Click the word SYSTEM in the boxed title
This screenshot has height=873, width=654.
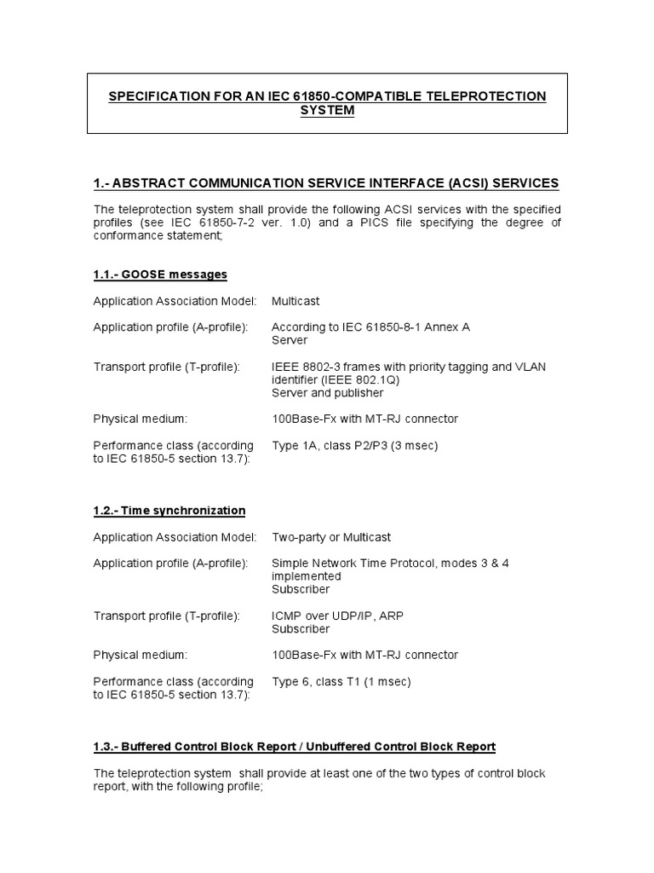pos(328,111)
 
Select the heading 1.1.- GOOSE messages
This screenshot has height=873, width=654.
pos(160,274)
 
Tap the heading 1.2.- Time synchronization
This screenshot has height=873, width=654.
pos(169,511)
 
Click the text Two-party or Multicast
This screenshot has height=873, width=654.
pos(331,537)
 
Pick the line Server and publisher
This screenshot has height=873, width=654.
pos(327,393)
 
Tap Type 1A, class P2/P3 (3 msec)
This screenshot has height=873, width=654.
pos(355,445)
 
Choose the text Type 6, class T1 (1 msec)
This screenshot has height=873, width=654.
pos(341,681)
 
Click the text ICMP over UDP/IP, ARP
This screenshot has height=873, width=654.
pos(343,616)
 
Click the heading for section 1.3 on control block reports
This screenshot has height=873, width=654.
pos(294,747)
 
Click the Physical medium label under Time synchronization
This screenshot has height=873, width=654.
pos(141,655)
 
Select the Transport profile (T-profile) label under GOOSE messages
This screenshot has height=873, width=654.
pos(167,367)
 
